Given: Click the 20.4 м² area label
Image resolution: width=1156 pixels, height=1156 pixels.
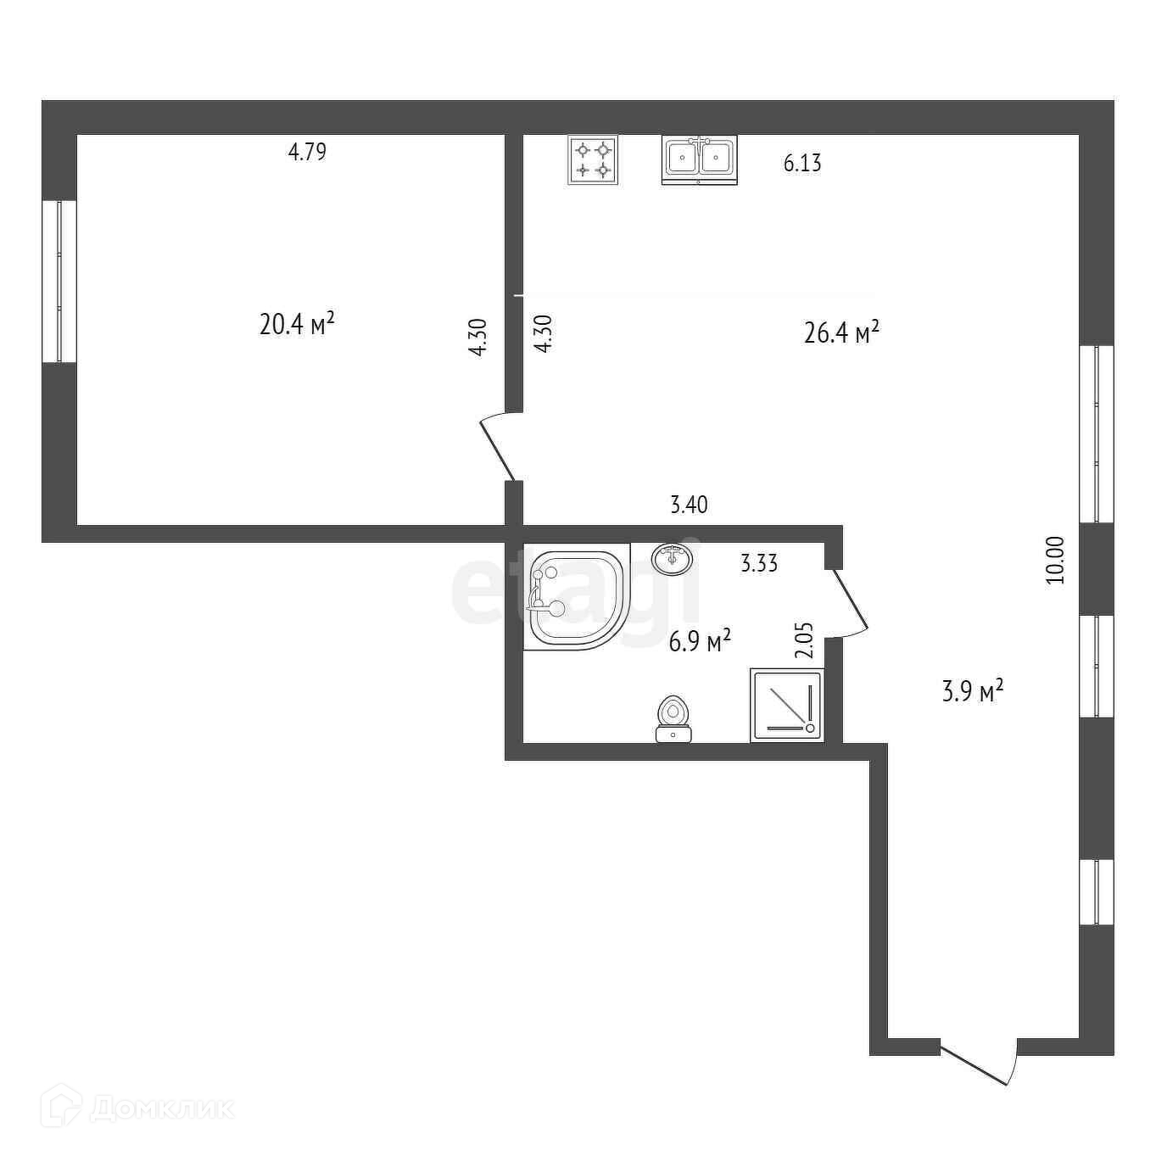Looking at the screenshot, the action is click(297, 324).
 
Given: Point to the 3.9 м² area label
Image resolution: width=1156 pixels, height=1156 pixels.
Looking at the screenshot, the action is click(973, 691).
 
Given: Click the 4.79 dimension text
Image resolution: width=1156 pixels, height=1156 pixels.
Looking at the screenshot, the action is click(307, 152).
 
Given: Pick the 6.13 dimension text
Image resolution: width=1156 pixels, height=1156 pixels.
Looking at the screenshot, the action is click(802, 163).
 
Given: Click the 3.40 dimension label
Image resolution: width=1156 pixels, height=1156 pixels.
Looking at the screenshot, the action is click(689, 505).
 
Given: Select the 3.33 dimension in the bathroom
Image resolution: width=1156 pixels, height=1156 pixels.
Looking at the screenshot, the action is click(759, 563).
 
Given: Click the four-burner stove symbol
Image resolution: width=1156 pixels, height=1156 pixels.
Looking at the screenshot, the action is click(593, 159).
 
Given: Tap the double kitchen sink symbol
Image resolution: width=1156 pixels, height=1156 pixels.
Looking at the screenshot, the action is click(700, 159).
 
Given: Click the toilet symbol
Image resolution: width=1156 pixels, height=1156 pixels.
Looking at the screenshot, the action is click(673, 719).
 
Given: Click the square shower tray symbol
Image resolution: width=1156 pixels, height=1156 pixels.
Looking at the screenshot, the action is click(787, 706).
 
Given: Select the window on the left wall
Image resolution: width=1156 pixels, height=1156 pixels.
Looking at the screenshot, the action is click(59, 281).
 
